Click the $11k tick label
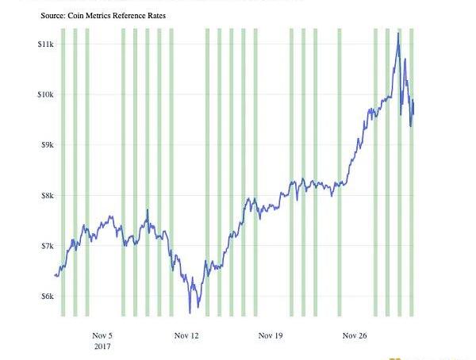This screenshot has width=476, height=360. (45, 44)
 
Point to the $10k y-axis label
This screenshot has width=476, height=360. (45, 94)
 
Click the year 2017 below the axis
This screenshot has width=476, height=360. (103, 347)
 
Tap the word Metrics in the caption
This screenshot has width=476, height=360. (106, 15)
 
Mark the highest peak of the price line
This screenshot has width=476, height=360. (397, 33)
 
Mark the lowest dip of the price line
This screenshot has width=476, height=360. (190, 312)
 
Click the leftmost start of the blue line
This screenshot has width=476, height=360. (54, 275)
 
